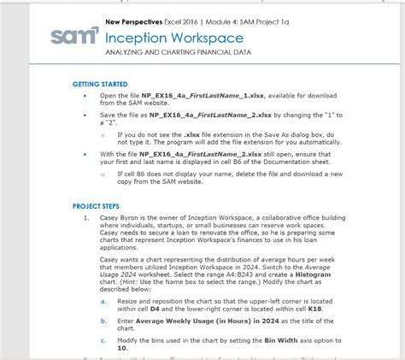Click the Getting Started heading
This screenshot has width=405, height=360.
[100, 85]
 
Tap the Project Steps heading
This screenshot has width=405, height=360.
[96, 206]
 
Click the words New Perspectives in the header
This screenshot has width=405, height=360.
[133, 21]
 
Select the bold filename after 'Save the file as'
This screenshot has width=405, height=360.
[208, 113]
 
